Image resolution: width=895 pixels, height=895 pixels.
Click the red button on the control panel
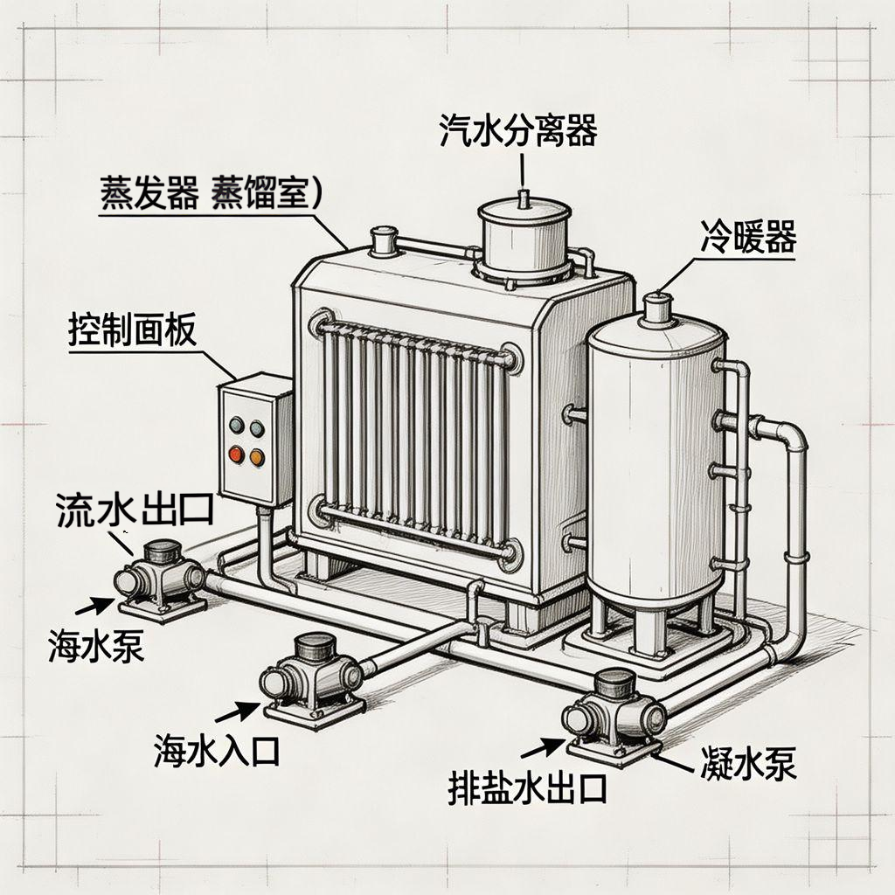click(236, 454)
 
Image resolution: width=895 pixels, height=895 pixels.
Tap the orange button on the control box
click(257, 455)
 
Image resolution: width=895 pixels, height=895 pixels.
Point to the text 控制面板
click(132, 332)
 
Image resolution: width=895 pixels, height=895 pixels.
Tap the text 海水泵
click(97, 648)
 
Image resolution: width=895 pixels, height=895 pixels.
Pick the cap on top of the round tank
click(657, 309)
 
